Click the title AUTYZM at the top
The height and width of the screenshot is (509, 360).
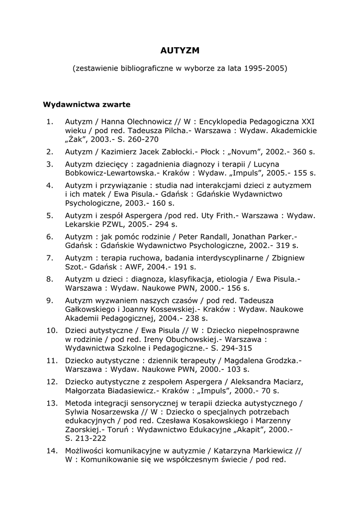(x=180, y=51)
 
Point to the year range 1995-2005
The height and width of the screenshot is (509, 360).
(x=266, y=68)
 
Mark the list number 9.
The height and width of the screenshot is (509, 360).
(x=50, y=300)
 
